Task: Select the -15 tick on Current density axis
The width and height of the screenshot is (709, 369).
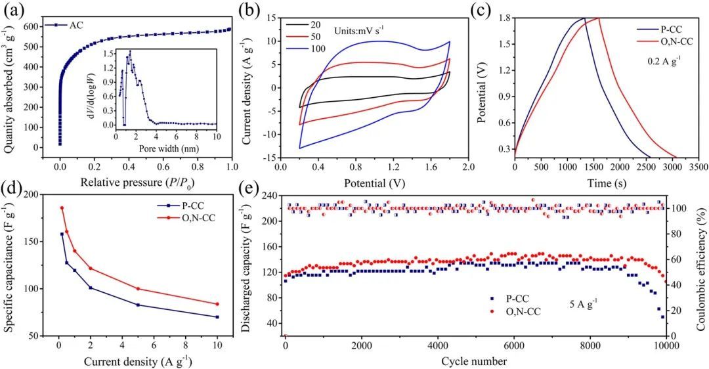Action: point(270,158)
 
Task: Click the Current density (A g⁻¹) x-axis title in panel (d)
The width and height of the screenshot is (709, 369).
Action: point(138,360)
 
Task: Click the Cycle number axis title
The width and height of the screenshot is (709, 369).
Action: point(474,361)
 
